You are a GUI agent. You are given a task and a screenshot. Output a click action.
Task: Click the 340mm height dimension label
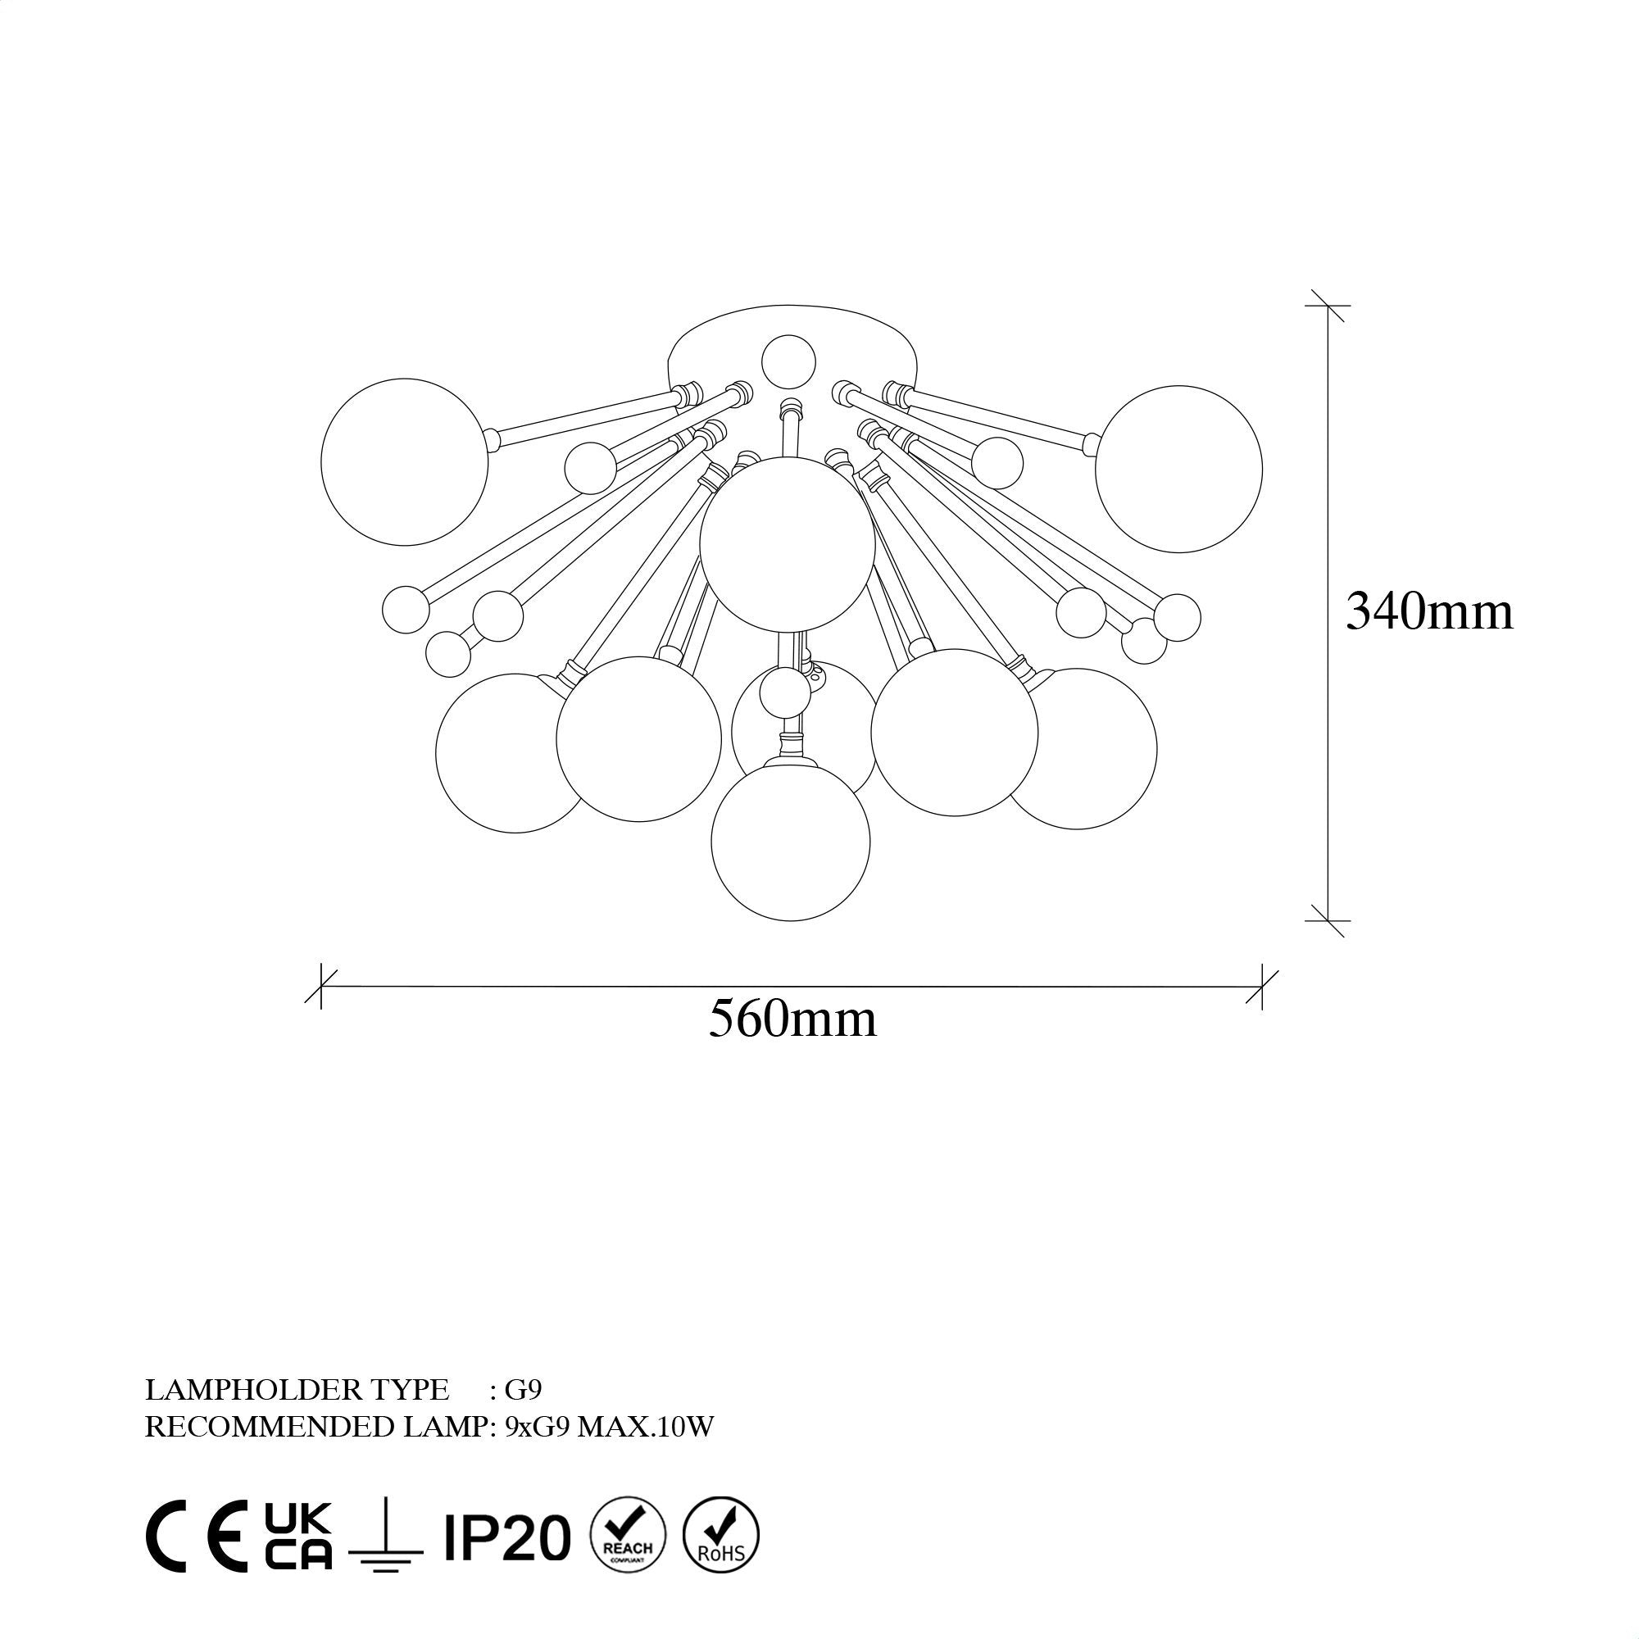[x=1428, y=611]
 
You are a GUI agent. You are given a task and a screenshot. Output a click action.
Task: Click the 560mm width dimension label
[x=792, y=1019]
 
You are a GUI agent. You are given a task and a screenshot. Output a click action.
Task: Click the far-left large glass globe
[x=405, y=461]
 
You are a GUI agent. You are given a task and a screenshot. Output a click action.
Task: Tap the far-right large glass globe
[x=1178, y=469]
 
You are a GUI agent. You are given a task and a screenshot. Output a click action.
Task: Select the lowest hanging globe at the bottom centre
[x=791, y=842]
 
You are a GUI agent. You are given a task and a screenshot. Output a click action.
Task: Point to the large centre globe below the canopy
[x=788, y=544]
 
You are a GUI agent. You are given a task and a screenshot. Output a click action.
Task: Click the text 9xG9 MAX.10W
[x=609, y=1428]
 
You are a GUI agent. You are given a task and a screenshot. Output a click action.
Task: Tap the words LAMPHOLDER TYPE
[x=297, y=1390]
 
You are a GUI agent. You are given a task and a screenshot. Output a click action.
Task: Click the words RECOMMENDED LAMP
[x=318, y=1428]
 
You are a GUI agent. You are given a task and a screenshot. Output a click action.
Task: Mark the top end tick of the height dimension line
[x=1328, y=306]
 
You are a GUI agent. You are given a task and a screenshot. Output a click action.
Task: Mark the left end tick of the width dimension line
[x=321, y=986]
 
